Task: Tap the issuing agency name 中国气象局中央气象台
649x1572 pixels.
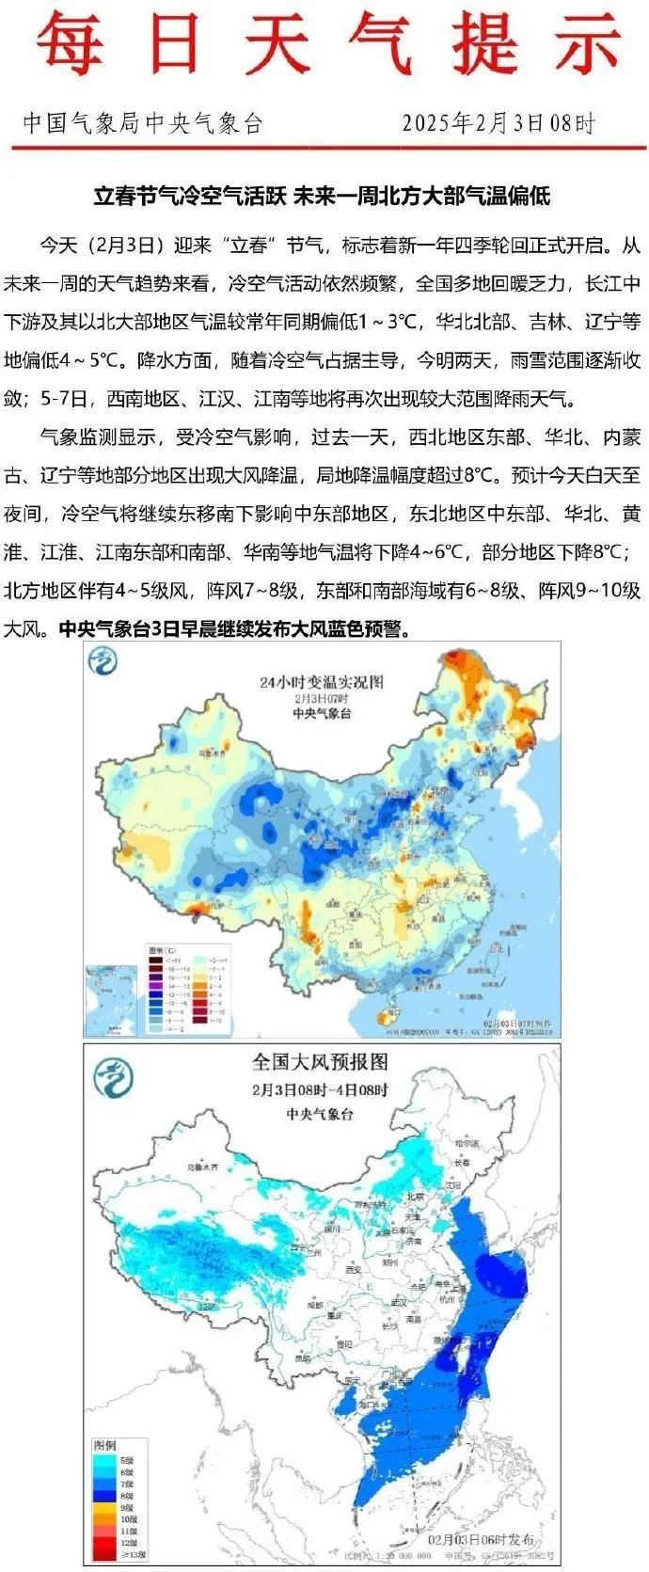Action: [x=142, y=123]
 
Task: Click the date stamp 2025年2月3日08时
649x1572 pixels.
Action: [x=499, y=123]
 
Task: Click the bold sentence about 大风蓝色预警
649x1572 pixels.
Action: [x=235, y=629]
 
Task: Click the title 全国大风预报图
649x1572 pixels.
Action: [x=320, y=1062]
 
